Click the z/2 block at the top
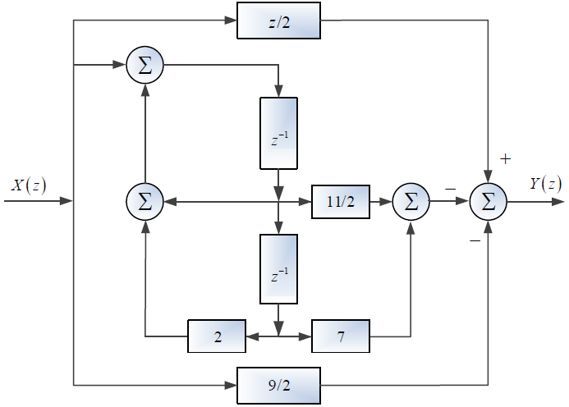(279, 21)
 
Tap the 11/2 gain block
(341, 200)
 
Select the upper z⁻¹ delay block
(279, 133)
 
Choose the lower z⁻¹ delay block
(279, 269)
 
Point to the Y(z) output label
(545, 184)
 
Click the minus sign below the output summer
(475, 240)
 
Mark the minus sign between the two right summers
(450, 189)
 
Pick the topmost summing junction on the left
(145, 66)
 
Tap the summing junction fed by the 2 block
(145, 200)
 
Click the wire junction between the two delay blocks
(279, 200)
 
